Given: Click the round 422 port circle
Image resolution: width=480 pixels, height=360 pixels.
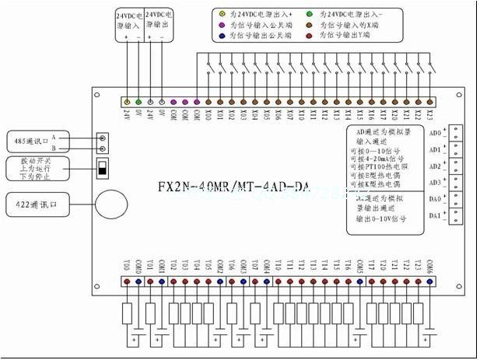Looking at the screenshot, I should pos(110,204).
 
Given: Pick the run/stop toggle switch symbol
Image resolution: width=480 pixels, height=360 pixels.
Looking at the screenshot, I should pos(101,167).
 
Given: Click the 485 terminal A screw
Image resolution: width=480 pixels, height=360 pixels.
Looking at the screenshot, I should pos(102,135).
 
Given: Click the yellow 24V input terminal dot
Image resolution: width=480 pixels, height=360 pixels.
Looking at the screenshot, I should pos(127,102).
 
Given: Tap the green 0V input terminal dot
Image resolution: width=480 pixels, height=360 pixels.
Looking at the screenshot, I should pos(138,102).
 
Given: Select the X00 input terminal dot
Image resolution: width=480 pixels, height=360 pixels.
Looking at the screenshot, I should pos(208,102).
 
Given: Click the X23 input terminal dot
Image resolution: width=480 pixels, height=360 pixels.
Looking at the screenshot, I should pos(429,102).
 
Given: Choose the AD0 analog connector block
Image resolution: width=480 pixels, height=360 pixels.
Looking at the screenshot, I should pos(455,132).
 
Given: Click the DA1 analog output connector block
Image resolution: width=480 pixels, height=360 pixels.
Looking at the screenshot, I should pos(455,215).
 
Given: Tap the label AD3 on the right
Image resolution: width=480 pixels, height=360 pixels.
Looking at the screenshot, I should pos(436,182).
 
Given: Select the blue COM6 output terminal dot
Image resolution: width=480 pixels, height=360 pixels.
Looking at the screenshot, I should pos(429,281).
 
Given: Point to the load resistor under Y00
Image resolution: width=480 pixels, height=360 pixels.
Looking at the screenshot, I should pos(127,313).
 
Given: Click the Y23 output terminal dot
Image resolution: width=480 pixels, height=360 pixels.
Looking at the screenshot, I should pos(418,281).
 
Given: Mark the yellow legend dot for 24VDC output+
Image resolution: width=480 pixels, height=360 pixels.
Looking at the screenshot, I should pos(221,15).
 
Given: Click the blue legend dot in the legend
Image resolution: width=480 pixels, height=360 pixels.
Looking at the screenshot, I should pos(221,37).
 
